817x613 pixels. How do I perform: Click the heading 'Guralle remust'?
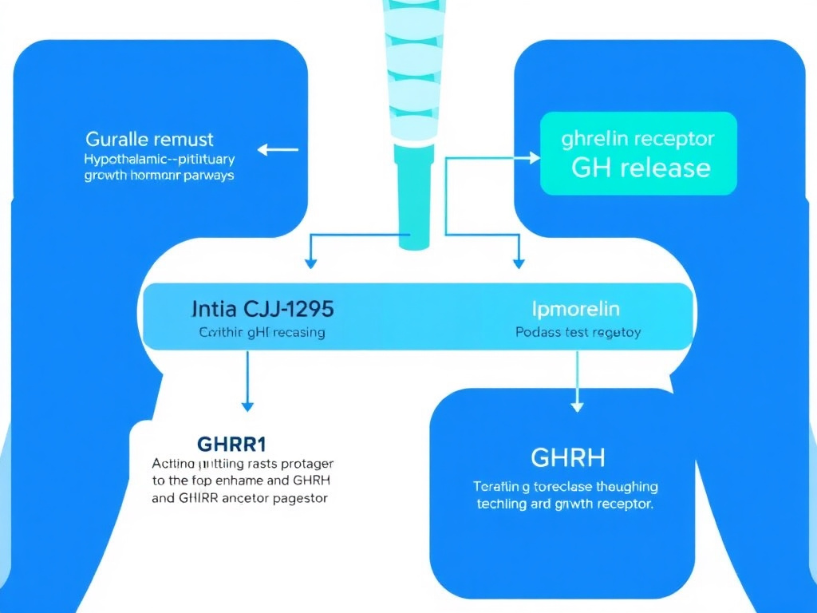pyautogui.click(x=149, y=140)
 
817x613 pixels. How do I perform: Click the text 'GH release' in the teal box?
pyautogui.click(x=641, y=168)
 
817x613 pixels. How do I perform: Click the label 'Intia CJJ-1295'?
pyautogui.click(x=263, y=307)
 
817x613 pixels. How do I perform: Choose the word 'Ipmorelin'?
pyautogui.click(x=575, y=308)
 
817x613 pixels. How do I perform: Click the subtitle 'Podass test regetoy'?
pyautogui.click(x=578, y=332)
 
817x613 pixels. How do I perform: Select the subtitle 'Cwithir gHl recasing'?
pyautogui.click(x=261, y=332)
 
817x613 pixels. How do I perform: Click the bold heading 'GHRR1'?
pyautogui.click(x=231, y=443)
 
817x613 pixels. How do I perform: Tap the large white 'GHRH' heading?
pyautogui.click(x=567, y=457)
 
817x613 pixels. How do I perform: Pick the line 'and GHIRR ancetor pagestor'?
pyautogui.click(x=240, y=497)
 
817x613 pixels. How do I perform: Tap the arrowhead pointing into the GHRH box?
pyautogui.click(x=576, y=405)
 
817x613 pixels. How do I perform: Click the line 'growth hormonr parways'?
pyautogui.click(x=160, y=175)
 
